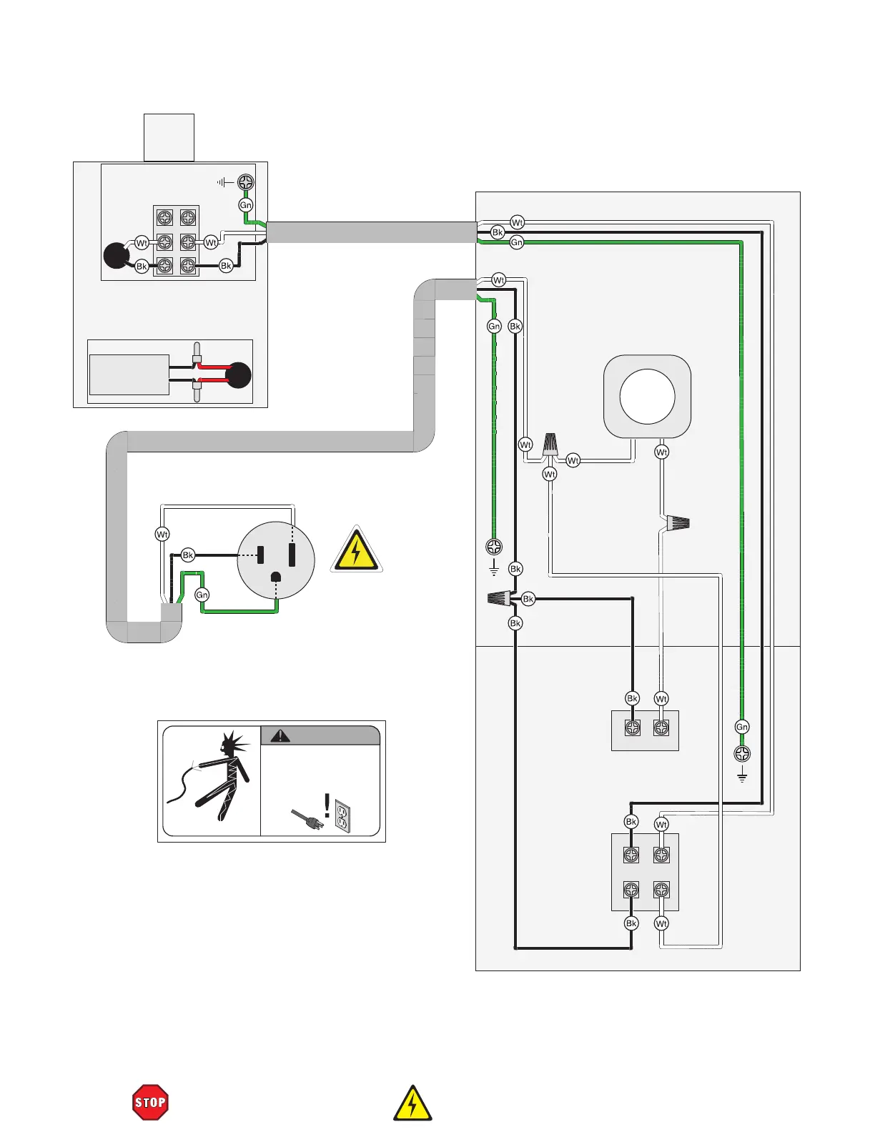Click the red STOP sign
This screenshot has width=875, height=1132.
pyautogui.click(x=150, y=1102)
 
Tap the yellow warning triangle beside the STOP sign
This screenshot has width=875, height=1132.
pyautogui.click(x=412, y=1104)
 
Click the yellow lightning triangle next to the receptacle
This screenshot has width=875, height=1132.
pyautogui.click(x=356, y=550)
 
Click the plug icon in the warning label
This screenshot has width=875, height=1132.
pyautogui.click(x=307, y=819)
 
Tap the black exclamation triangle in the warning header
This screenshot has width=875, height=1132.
pyautogui.click(x=280, y=735)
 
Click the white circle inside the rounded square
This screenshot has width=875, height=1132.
pyautogui.click(x=647, y=397)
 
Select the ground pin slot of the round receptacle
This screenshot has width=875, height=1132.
pyautogui.click(x=276, y=577)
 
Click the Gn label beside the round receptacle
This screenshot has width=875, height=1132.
pyautogui.click(x=202, y=595)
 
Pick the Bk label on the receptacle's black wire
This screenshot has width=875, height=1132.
pyautogui.click(x=188, y=555)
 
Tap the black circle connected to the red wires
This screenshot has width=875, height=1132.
pyautogui.click(x=239, y=375)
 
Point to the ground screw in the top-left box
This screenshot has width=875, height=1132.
pyautogui.click(x=246, y=182)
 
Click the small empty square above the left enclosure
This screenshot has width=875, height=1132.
pyautogui.click(x=169, y=137)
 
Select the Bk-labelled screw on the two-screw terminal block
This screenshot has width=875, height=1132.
pyautogui.click(x=632, y=728)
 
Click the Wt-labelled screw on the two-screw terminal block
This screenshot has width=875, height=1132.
pyautogui.click(x=661, y=728)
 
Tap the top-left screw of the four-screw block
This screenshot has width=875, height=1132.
pyautogui.click(x=631, y=855)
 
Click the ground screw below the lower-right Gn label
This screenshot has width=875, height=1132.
pyautogui.click(x=742, y=754)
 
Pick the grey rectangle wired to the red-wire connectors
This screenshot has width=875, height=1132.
pyautogui.click(x=129, y=374)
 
